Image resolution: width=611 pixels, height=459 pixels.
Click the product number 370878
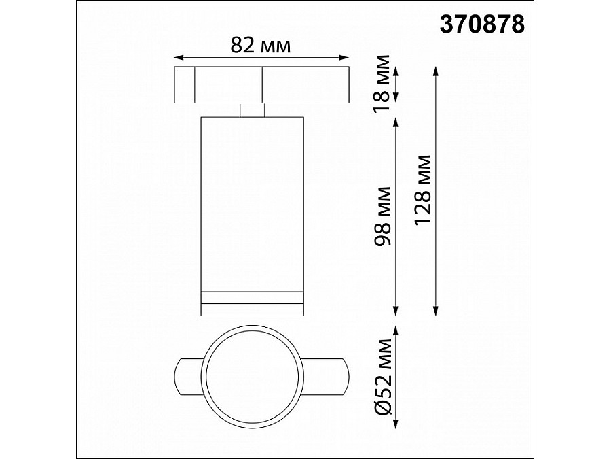pos(482,24)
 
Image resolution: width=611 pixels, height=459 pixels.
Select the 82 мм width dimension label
pos(260,46)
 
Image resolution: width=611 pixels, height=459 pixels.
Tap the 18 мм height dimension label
pos(382,84)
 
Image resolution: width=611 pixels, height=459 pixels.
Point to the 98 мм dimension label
pos(382,216)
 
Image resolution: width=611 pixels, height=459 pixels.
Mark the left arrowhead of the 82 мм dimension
pos(179,58)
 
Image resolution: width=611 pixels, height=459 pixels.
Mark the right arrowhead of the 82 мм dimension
pos(344,58)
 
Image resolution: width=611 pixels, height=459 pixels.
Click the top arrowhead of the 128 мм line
pos(436,71)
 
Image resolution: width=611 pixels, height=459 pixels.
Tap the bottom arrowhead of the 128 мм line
pos(436,310)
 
